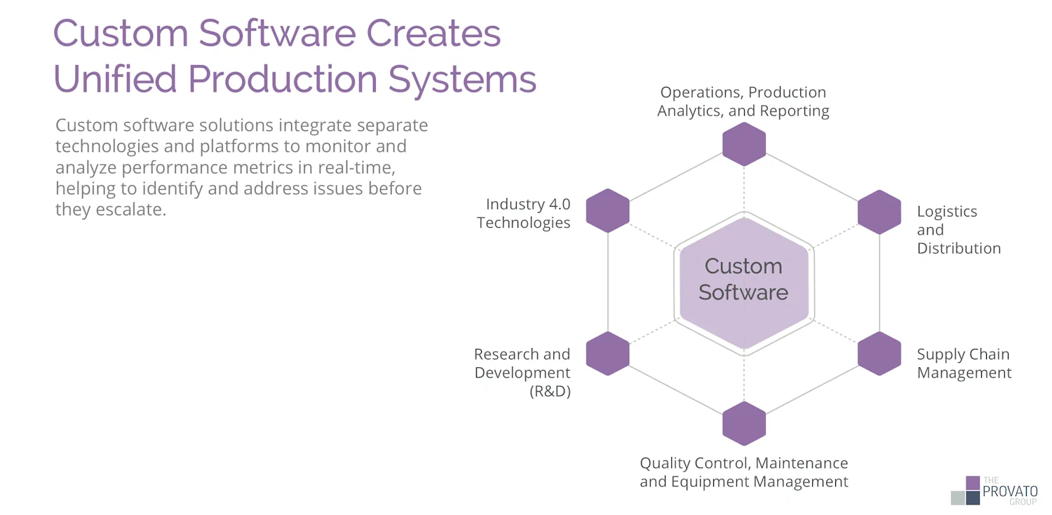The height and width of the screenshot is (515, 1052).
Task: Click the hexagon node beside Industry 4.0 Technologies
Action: tap(607, 210)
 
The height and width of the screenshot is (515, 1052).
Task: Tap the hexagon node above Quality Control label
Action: tap(744, 423)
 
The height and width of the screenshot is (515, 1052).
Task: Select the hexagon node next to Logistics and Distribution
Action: tap(879, 212)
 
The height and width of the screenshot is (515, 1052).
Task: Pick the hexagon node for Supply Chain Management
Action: tap(879, 353)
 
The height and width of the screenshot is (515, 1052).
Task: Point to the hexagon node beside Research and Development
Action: tap(607, 353)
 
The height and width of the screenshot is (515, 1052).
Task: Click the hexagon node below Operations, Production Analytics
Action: tap(744, 144)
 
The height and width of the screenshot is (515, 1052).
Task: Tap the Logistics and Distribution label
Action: tap(958, 230)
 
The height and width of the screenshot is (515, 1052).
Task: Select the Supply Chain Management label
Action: tap(964, 364)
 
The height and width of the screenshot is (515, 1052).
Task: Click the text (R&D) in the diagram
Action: tap(550, 392)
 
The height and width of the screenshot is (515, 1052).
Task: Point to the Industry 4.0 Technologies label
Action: tap(524, 214)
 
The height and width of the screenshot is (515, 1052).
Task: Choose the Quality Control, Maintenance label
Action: tap(743, 463)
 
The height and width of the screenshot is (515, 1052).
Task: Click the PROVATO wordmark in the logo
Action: tap(1010, 492)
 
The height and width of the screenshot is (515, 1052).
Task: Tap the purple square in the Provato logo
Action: tap(972, 483)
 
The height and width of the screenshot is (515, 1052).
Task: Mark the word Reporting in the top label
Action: tap(793, 111)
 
